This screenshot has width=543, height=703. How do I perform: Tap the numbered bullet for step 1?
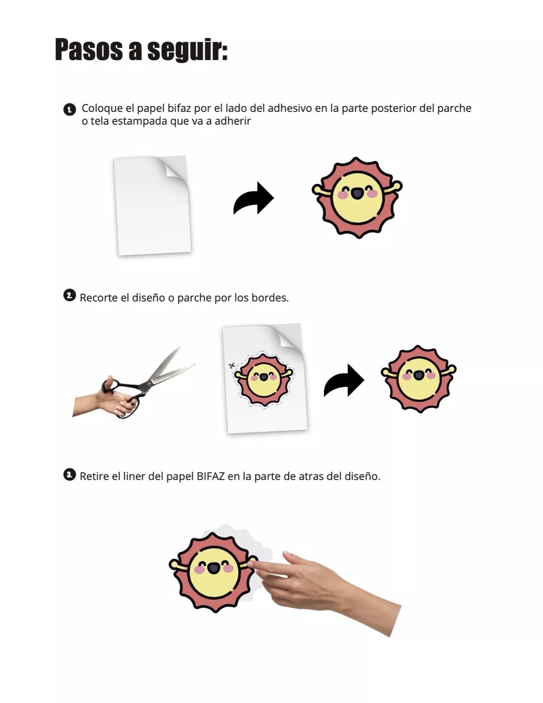(x=69, y=110)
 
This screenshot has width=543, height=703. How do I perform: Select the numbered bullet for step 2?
(x=69, y=295)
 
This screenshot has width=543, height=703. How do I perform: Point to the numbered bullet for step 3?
(x=69, y=475)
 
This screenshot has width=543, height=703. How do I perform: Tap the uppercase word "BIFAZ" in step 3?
(x=210, y=477)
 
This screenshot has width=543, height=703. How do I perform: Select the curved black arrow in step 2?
(x=344, y=380)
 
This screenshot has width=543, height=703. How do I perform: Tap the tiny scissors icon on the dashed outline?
(x=232, y=366)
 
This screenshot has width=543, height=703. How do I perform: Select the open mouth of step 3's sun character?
(x=214, y=568)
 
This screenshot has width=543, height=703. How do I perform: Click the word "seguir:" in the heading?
(x=187, y=50)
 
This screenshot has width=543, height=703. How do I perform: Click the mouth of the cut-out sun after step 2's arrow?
(x=419, y=375)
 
